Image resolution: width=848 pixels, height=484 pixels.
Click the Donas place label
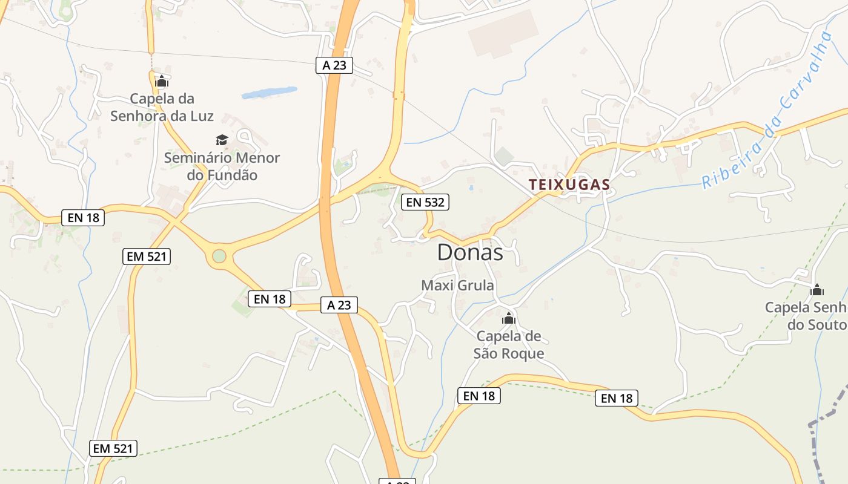(x=470, y=253)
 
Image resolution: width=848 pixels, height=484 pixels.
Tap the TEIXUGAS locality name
(x=569, y=185)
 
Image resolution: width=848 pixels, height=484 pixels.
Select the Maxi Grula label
(x=457, y=285)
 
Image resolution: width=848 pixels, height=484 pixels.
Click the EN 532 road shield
(x=425, y=202)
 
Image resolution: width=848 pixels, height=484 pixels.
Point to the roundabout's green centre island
(x=219, y=257)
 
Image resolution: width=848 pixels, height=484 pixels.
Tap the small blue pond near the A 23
(x=269, y=93)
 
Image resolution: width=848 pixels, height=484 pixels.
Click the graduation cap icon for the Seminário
(x=222, y=140)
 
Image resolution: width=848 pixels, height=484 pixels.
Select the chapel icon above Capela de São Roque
(x=509, y=318)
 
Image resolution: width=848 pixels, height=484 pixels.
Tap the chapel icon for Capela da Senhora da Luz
(x=162, y=81)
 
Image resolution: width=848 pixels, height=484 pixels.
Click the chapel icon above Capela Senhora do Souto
(x=817, y=290)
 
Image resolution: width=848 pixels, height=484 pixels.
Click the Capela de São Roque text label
(x=509, y=345)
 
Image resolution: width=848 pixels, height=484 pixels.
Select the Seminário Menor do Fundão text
(x=222, y=166)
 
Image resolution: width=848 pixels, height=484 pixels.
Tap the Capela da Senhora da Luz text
(x=162, y=107)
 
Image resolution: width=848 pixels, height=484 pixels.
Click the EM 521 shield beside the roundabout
(x=146, y=257)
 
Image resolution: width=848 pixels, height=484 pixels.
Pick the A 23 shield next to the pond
(x=334, y=65)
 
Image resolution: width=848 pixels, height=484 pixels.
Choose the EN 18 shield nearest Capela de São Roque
(x=479, y=396)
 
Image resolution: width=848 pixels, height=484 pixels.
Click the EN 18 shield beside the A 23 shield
(x=270, y=298)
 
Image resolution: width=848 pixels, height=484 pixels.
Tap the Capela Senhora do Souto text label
(x=806, y=316)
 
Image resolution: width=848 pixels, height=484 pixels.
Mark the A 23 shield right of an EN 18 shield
(x=339, y=305)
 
